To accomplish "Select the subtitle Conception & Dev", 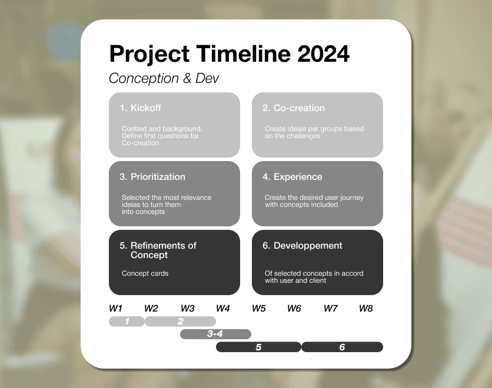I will click(x=164, y=79).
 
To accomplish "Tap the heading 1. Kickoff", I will click(x=140, y=108).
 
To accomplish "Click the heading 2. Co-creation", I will click(x=294, y=108).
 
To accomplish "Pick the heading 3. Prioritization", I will click(x=152, y=177).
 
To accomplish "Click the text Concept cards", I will click(x=145, y=273).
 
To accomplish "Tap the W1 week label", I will click(x=115, y=309).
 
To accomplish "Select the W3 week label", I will click(x=188, y=309).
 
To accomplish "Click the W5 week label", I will click(x=259, y=309).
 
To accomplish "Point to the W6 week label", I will click(x=294, y=309).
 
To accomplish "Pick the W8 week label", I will click(x=366, y=309).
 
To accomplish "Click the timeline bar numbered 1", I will click(x=127, y=322).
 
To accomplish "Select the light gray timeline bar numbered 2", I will click(x=180, y=322).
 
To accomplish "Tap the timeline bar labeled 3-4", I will click(x=215, y=335).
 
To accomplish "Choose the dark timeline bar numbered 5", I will click(x=258, y=347).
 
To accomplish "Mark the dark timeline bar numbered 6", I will click(x=342, y=347).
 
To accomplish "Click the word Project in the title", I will click(x=149, y=54).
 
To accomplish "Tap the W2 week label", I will click(x=151, y=309).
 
